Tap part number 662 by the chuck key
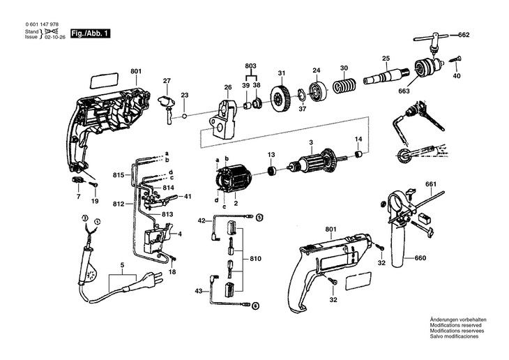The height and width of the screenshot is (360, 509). pyautogui.click(x=464, y=34)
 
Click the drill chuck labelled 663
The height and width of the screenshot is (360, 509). pyautogui.click(x=424, y=68)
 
